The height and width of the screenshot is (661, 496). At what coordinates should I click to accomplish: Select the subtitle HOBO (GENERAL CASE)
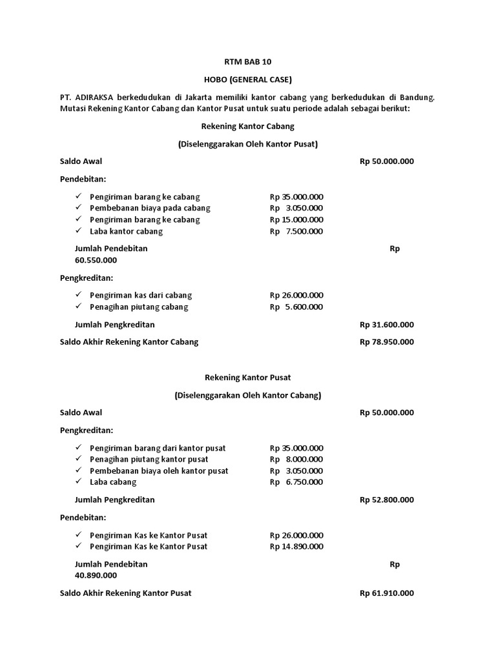(x=248, y=80)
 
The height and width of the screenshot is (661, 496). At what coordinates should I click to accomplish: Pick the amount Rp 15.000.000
(x=297, y=219)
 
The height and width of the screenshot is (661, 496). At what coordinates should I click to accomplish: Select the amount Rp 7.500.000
(x=297, y=231)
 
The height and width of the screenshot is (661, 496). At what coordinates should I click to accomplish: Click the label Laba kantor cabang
(x=127, y=231)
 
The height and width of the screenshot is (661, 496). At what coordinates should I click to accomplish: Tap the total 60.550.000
(x=96, y=260)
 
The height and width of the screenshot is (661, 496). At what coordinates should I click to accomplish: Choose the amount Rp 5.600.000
(x=297, y=307)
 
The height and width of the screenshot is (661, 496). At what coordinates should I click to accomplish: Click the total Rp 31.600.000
(x=387, y=325)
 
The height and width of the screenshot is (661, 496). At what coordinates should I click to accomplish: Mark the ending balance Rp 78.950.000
(x=387, y=342)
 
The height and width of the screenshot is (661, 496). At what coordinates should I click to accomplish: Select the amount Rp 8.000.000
(x=297, y=459)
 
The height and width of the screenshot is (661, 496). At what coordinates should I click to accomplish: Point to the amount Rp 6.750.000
(x=297, y=482)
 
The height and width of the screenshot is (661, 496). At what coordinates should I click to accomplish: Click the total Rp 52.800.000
(x=387, y=500)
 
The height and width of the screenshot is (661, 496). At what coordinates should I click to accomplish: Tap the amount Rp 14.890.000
(x=297, y=547)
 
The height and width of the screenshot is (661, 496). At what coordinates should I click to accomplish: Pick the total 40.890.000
(x=96, y=575)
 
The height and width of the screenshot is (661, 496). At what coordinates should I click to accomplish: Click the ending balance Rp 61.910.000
(x=387, y=593)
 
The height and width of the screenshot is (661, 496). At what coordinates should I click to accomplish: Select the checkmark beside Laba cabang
(x=78, y=482)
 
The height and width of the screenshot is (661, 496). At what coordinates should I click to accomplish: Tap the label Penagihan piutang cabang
(x=139, y=307)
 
